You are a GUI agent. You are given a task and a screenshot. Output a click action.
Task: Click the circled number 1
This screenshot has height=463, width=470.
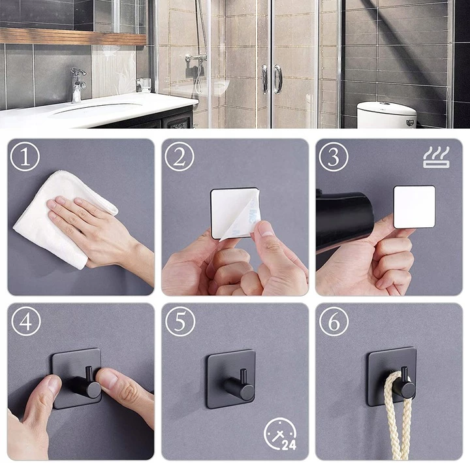point(25,157)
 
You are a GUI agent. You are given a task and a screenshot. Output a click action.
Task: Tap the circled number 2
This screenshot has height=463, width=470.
point(180,157)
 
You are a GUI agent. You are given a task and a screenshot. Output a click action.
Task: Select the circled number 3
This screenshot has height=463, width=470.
point(334,157)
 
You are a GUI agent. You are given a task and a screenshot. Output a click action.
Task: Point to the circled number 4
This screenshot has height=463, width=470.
point(25,321)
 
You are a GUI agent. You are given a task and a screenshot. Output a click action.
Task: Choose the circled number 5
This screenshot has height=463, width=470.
point(180,321)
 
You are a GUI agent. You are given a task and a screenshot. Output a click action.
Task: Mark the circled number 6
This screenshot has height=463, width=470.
point(334,321)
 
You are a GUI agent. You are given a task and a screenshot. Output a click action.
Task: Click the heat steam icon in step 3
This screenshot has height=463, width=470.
point(436,157)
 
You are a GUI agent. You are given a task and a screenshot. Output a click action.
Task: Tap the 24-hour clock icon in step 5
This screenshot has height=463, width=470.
point(280,434)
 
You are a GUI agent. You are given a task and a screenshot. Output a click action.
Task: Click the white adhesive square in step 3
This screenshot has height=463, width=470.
point(415,207)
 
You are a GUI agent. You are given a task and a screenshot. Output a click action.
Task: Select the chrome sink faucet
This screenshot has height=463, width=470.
point(77,85)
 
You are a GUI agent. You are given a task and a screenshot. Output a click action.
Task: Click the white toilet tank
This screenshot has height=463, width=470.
point(386,115)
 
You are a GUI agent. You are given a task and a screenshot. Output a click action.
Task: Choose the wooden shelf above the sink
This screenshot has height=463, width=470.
point(73,37)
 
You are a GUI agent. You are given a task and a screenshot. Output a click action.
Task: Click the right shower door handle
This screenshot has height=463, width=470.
point(277,79)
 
